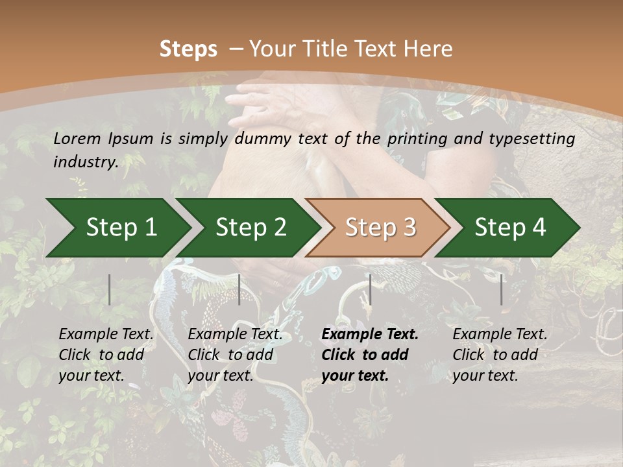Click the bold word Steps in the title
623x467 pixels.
tap(188, 49)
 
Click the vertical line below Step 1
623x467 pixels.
tap(110, 289)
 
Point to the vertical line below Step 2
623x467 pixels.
tap(239, 289)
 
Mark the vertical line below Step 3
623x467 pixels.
tap(370, 289)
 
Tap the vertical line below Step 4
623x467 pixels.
tap(502, 289)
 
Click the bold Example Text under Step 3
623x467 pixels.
tap(370, 335)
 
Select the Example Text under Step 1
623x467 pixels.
tap(106, 335)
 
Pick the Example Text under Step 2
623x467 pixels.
tap(235, 335)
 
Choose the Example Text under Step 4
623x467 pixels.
tap(500, 335)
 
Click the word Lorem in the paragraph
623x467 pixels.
tap(77, 139)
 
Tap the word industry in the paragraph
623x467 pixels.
tap(84, 162)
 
